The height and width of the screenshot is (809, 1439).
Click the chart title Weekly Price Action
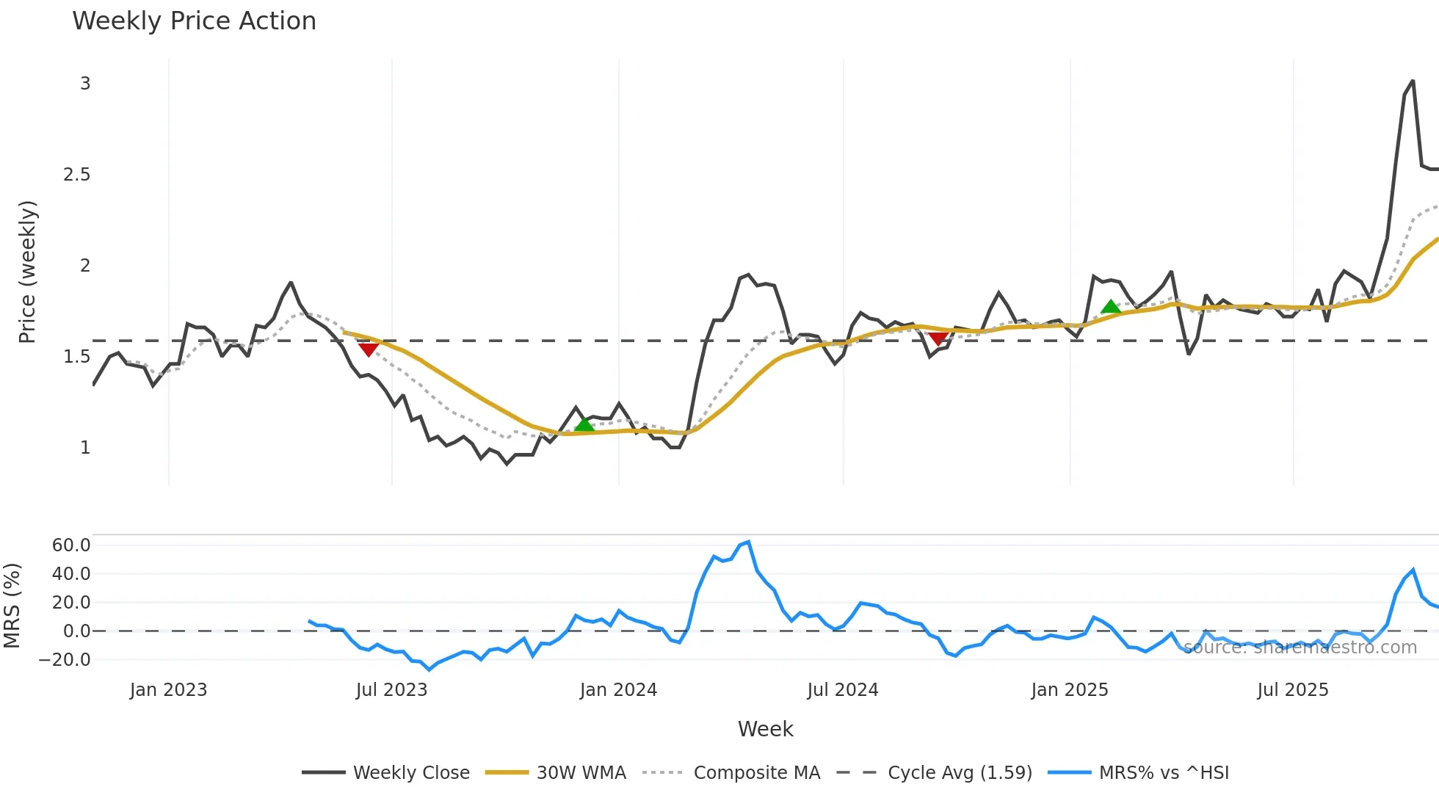point(194,21)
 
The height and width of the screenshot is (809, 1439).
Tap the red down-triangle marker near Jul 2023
point(369,349)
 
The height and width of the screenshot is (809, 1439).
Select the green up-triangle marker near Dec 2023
point(584,424)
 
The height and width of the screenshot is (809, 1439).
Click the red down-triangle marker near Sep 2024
point(938,338)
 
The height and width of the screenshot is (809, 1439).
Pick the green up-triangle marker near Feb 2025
point(1111,307)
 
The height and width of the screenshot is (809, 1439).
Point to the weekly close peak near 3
point(1413,81)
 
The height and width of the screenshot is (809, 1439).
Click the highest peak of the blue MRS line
point(748,543)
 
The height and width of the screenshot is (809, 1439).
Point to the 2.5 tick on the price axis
point(76,175)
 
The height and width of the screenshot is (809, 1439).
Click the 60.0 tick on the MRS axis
point(71,545)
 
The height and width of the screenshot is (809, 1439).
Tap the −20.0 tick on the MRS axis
point(65,660)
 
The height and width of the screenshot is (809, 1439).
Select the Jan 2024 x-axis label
point(618,690)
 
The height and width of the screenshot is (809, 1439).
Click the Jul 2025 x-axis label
point(1292,690)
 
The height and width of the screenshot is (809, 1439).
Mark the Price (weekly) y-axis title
point(27,272)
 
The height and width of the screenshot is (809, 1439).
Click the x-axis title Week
point(765,729)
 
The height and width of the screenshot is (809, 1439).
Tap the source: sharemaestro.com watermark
point(1300,647)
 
